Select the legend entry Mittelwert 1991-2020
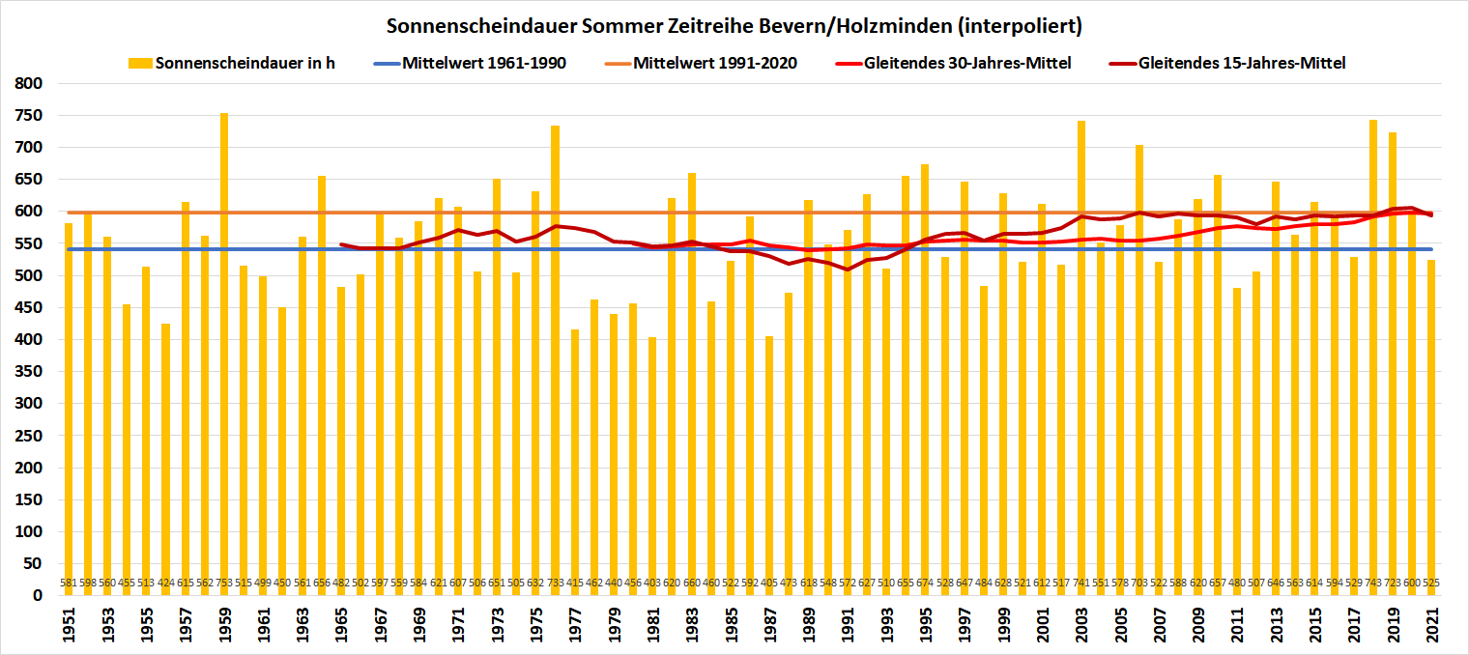coord(715,63)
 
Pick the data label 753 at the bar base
coord(224,584)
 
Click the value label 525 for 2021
coord(1431,584)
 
